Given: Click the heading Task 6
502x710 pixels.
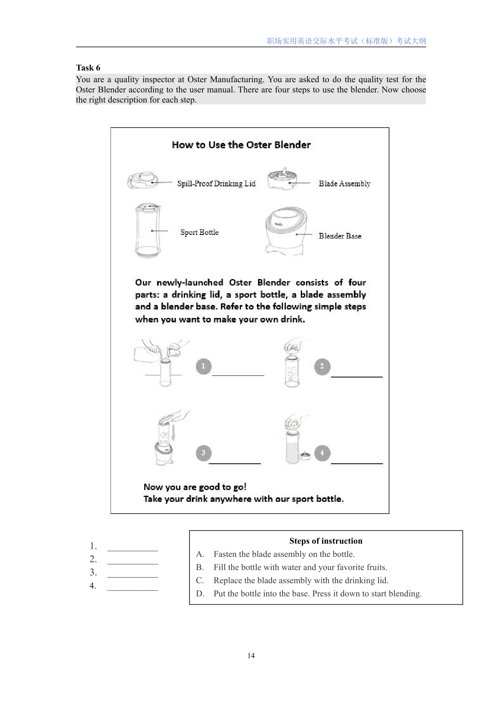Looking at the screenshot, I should point(88,68).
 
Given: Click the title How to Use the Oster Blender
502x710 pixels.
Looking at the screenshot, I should point(241,145).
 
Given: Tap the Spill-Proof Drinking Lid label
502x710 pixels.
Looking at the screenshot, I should point(216,183).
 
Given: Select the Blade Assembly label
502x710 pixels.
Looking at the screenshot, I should point(344,183).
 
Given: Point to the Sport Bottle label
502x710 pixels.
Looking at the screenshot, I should point(199,232).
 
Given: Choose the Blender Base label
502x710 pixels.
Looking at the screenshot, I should point(340,236).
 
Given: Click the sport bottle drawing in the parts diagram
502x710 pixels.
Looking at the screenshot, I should point(148,231).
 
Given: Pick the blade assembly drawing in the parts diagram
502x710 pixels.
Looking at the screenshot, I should point(282,179).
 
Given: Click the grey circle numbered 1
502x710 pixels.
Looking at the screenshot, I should point(204,367).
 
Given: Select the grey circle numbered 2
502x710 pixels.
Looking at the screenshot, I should point(322,367).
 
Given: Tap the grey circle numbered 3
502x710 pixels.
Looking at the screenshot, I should point(204,453).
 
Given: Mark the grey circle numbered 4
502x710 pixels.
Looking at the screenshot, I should point(322,453).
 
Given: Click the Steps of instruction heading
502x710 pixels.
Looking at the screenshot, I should point(325,541).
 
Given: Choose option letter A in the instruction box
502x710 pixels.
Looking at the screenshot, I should point(200,554).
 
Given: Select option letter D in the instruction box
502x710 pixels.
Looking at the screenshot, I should point(200,594).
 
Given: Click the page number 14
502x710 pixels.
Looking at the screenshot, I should point(251,656).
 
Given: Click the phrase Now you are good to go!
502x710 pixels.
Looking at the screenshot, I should point(195,487).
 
